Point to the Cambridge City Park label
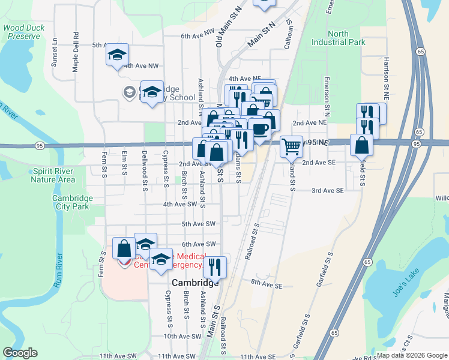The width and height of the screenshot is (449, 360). (x=71, y=202)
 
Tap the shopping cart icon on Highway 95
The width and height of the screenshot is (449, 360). (x=291, y=146)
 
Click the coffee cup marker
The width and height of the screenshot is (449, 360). (x=259, y=129)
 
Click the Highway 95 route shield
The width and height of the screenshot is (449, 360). (x=40, y=145)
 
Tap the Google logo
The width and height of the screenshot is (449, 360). (x=20, y=353)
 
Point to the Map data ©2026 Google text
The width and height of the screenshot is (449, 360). (x=412, y=355)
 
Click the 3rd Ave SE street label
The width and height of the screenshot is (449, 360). (x=327, y=190)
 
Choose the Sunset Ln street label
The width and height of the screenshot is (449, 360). (x=54, y=52)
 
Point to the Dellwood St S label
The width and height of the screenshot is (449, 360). (x=145, y=180)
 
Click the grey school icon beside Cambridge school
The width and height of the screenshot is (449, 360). (x=128, y=92)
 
